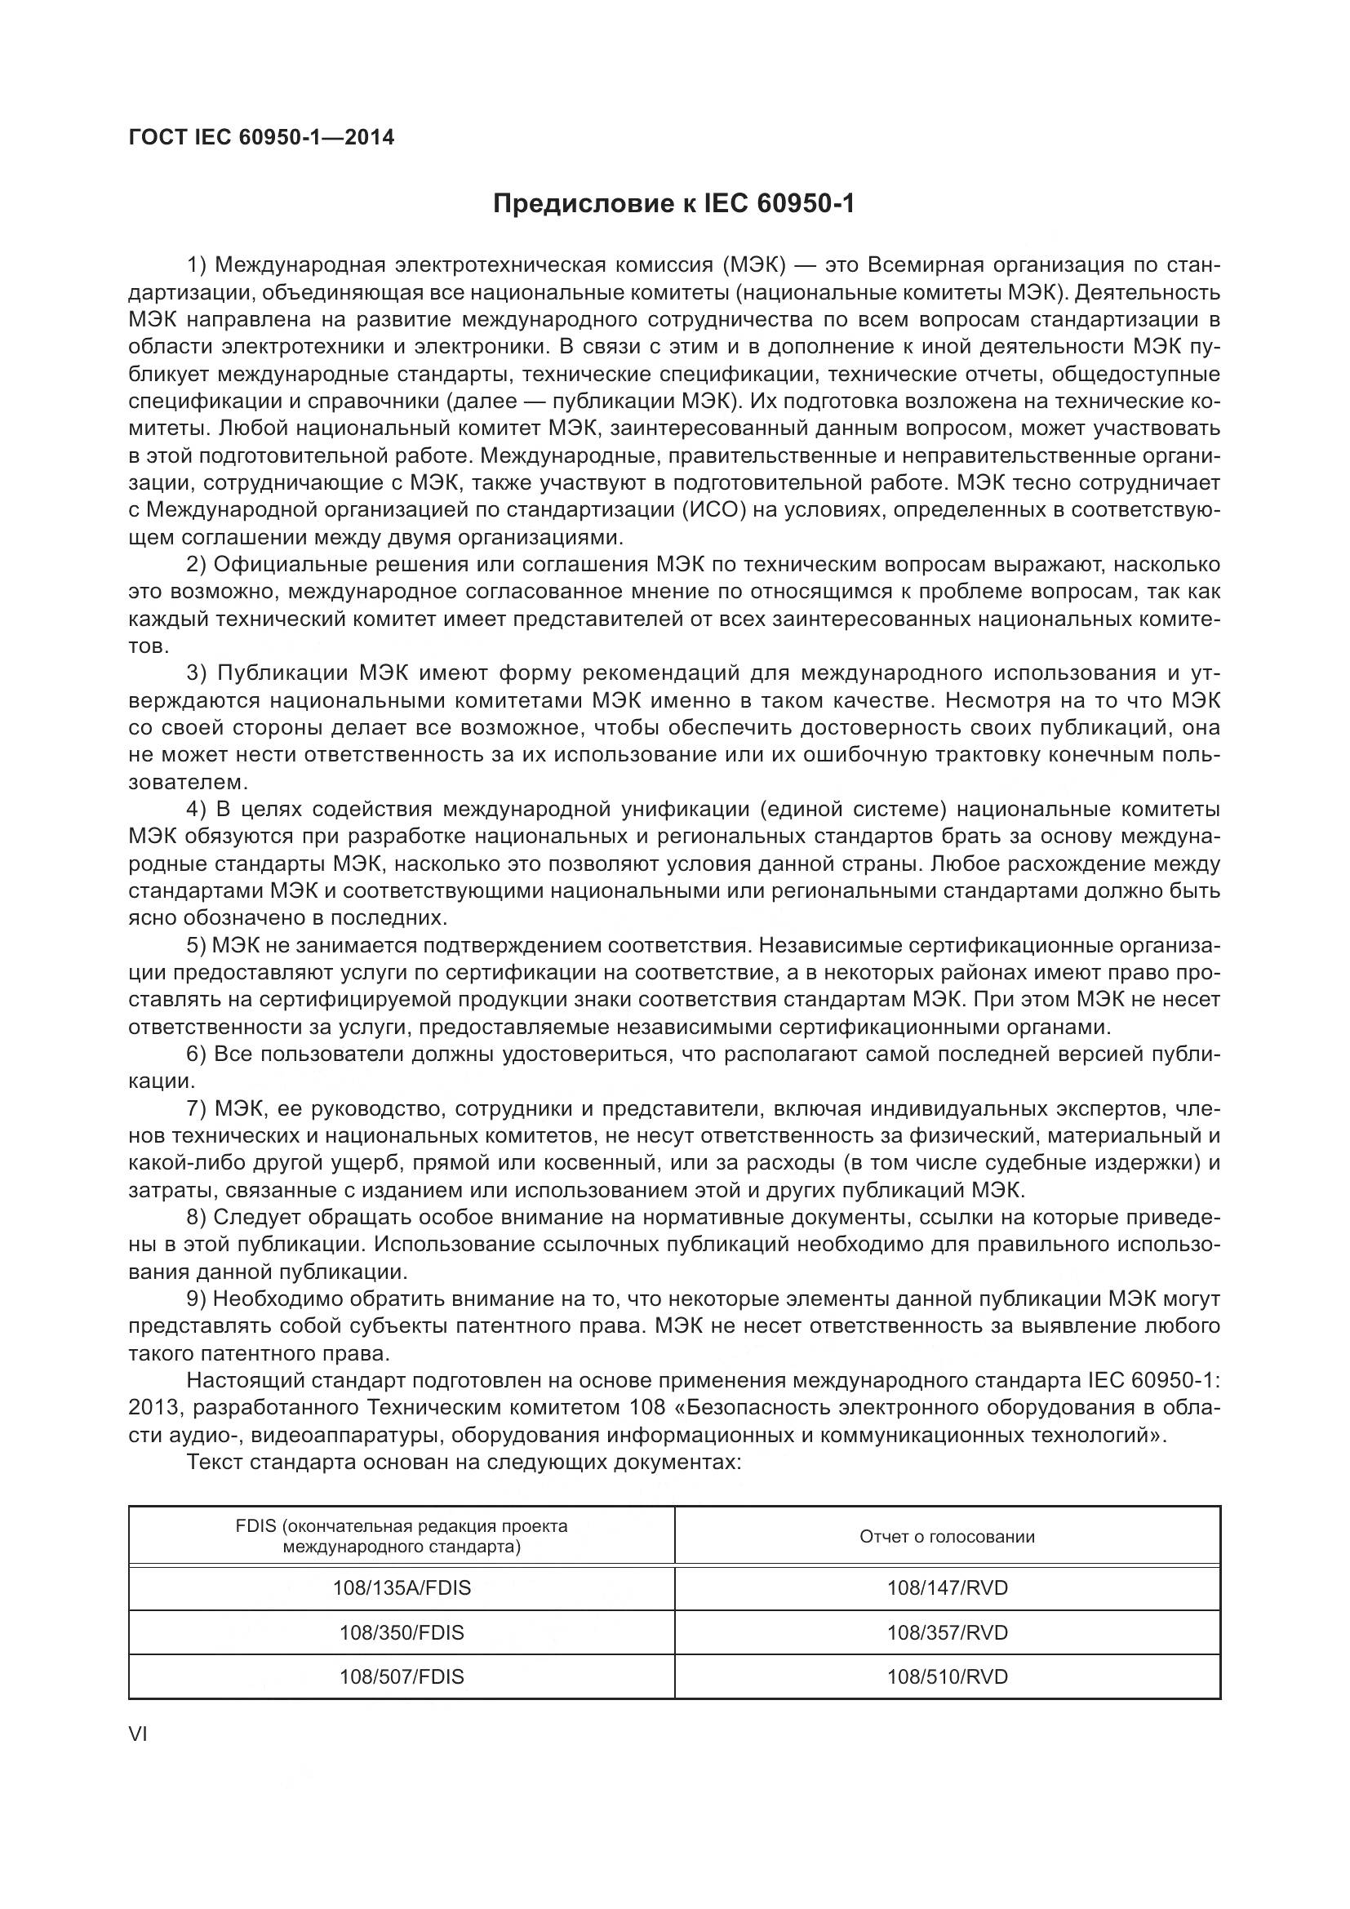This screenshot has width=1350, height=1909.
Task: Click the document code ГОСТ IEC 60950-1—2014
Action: (x=261, y=138)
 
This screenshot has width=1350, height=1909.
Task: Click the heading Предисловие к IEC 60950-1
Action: (x=674, y=204)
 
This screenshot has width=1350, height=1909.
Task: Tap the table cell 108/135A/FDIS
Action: (x=402, y=1588)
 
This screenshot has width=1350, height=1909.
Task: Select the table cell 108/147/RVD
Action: (x=947, y=1588)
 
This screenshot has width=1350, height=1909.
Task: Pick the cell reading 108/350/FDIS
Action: (x=402, y=1632)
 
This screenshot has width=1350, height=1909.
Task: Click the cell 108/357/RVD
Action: (x=947, y=1632)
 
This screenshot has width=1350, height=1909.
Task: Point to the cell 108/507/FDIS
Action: (x=402, y=1677)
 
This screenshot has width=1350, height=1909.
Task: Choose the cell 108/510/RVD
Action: (x=947, y=1677)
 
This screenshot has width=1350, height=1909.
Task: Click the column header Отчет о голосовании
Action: (x=947, y=1537)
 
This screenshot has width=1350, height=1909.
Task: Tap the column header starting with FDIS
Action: (x=402, y=1537)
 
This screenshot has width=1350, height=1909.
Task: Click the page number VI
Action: (x=138, y=1735)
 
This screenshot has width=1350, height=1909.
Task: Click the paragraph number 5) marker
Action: (x=195, y=945)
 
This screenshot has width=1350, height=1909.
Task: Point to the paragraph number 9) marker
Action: (x=195, y=1299)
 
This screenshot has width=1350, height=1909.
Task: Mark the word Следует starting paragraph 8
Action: (x=257, y=1217)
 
